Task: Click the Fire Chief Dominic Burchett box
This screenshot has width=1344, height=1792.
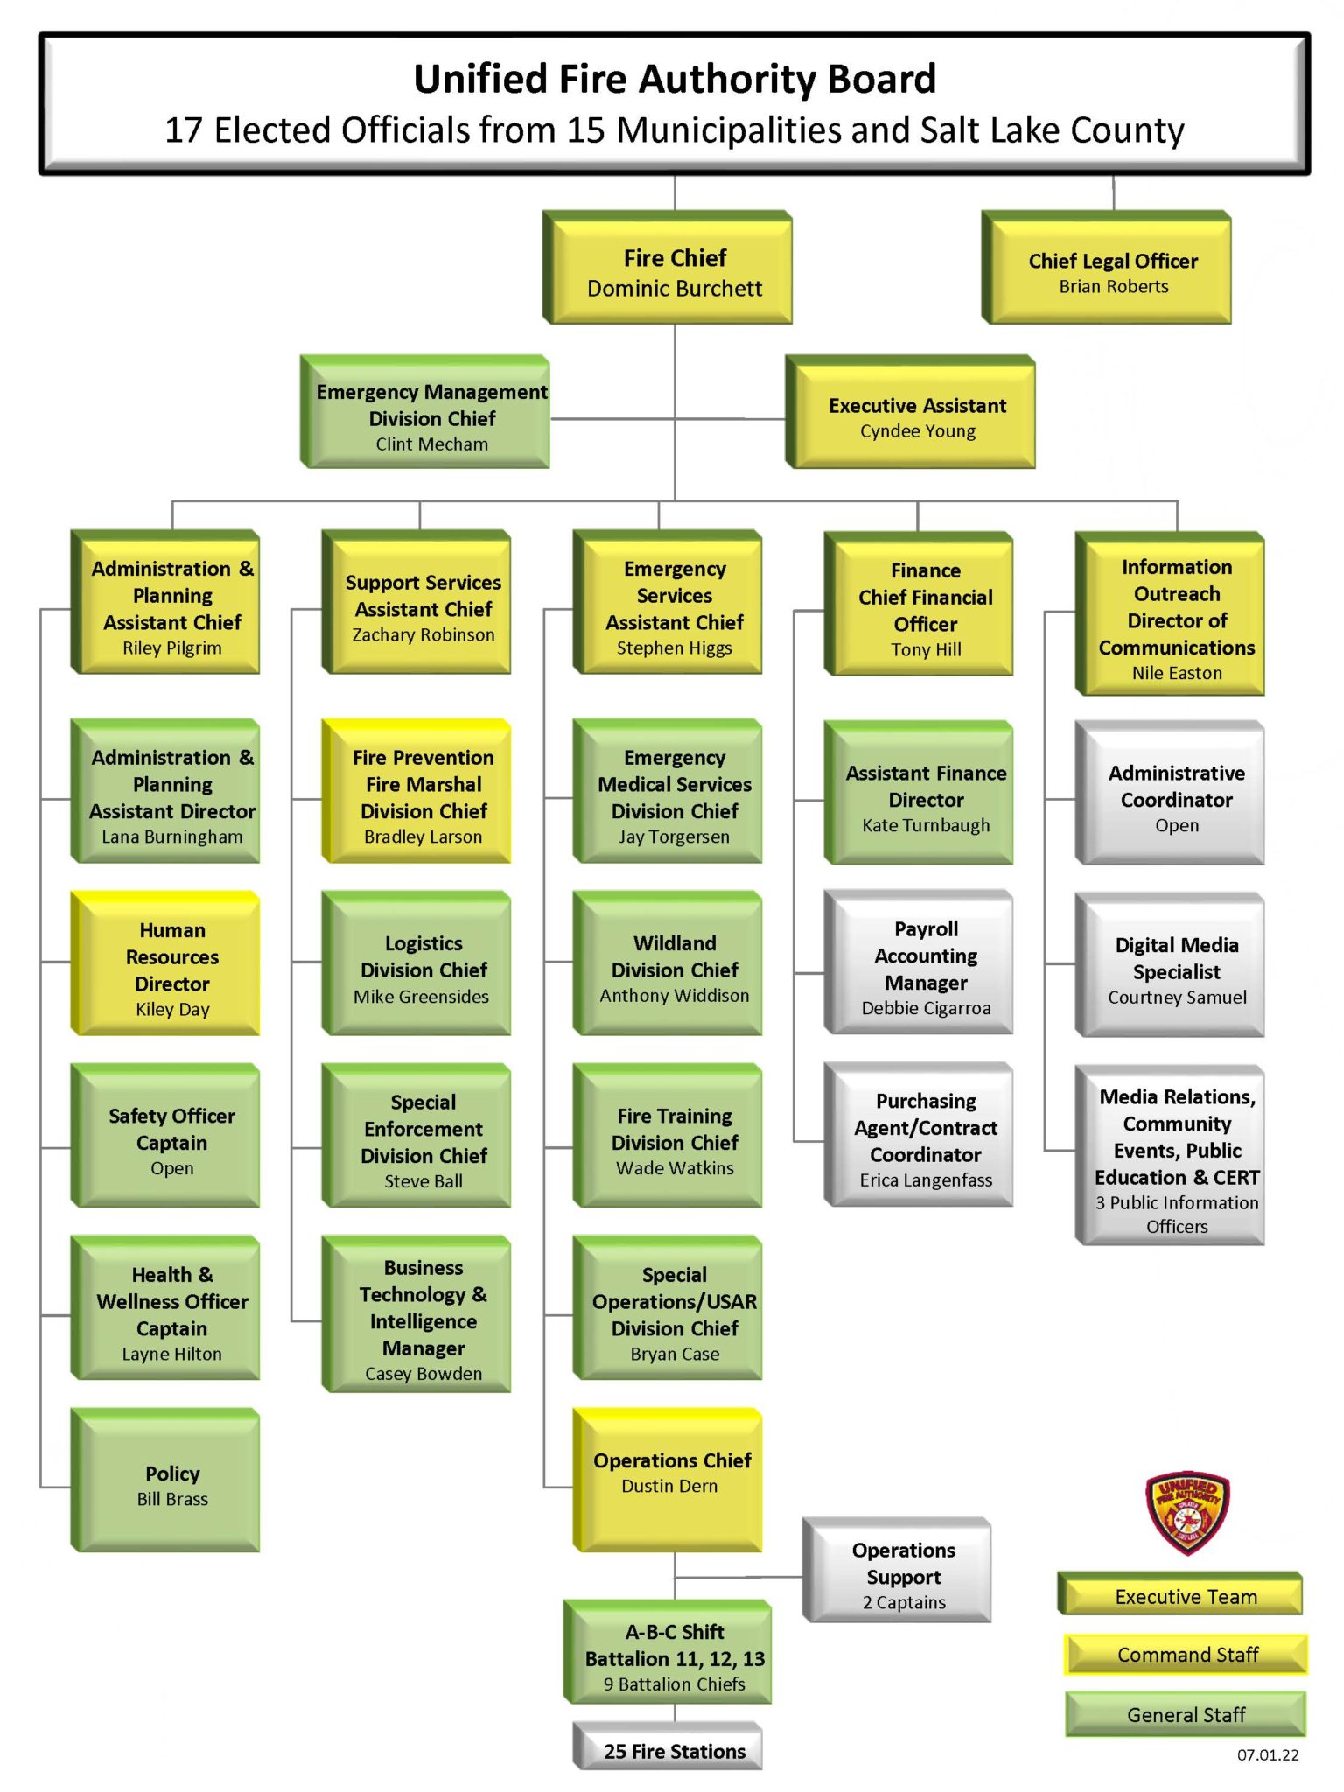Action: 674,271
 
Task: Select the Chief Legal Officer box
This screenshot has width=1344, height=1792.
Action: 1112,271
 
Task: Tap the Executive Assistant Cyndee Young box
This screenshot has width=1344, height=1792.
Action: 916,416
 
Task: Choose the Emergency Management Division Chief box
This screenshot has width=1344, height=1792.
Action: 430,416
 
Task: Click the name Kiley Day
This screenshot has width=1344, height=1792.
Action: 172,1010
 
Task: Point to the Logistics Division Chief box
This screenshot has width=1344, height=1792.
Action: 423,968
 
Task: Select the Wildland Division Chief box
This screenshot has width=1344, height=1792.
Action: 674,968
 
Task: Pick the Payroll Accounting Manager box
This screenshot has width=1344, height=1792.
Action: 925,966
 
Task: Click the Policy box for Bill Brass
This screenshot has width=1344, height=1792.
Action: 171,1485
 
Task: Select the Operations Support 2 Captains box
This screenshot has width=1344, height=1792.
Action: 903,1575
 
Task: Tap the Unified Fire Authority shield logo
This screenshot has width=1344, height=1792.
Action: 1186,1512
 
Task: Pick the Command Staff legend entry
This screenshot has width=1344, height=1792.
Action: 1186,1655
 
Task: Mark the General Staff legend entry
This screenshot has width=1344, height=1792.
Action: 1186,1714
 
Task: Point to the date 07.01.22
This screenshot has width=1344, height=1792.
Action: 1267,1755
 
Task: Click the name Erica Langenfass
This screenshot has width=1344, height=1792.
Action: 926,1180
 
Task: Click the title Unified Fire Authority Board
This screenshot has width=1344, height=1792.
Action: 674,79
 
